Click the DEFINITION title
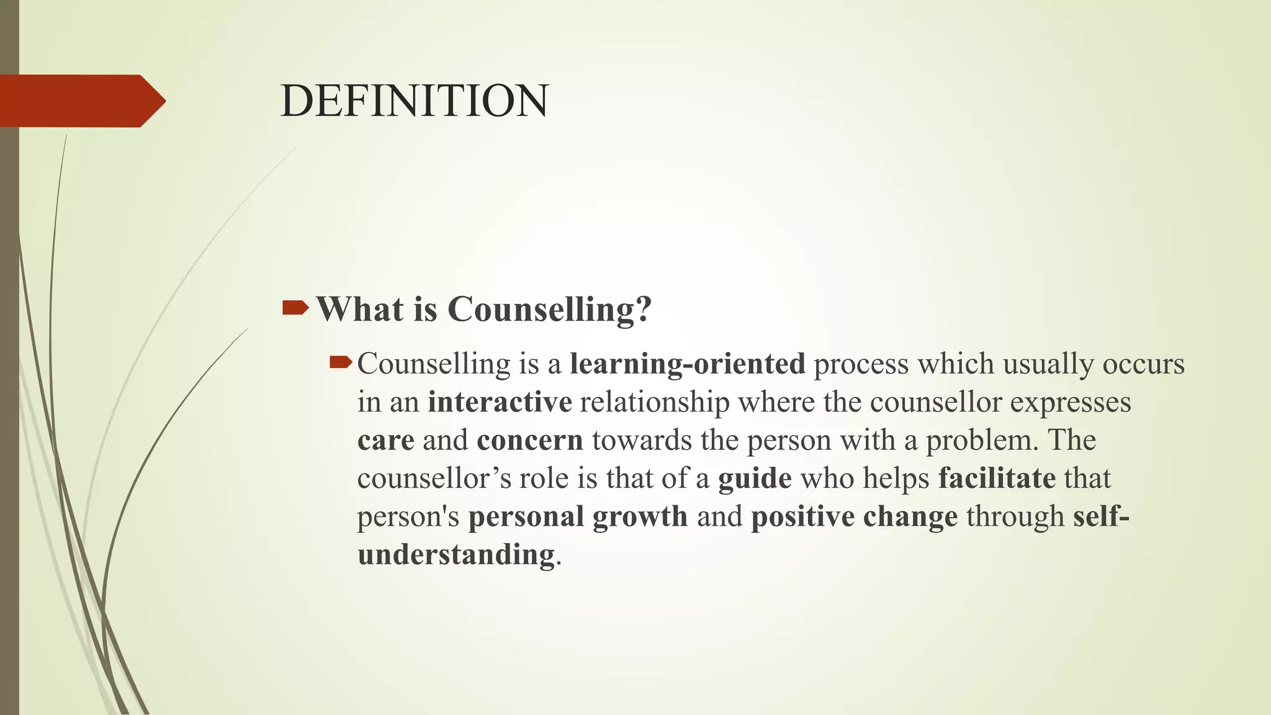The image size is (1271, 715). point(414,101)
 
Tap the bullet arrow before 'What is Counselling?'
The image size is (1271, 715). point(295,307)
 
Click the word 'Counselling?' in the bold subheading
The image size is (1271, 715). point(549,309)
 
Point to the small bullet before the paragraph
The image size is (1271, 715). point(341,361)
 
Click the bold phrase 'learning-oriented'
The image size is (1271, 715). point(687,364)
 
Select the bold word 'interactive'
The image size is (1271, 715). point(500,402)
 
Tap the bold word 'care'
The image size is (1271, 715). point(385,440)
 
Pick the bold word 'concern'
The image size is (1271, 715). point(530,440)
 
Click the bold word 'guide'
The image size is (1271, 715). point(755,479)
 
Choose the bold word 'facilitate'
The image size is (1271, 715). point(997,479)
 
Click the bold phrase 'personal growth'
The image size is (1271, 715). point(578,516)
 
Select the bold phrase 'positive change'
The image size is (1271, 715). point(854,516)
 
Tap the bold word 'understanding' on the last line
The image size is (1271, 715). point(456,554)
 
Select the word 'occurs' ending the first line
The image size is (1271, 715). point(1143,364)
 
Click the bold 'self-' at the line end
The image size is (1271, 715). point(1101,516)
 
